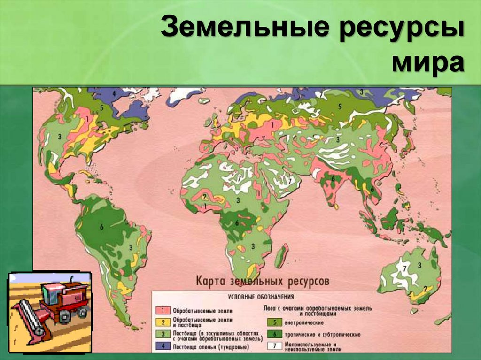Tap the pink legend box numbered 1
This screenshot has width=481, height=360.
[x=163, y=311]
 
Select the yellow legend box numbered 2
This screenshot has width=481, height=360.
[x=163, y=322]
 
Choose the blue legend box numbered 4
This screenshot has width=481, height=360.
[x=163, y=347]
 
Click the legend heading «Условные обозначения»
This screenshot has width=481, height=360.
[x=261, y=297]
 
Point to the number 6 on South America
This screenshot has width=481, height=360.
[x=101, y=227]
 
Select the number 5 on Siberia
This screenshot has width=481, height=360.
[x=339, y=107]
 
